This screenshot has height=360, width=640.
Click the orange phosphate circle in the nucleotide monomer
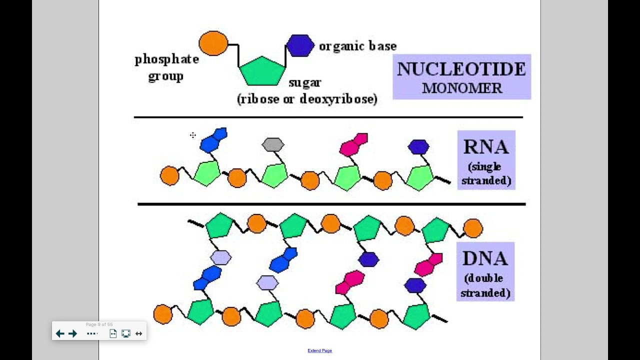point(213,43)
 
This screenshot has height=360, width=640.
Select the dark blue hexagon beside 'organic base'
point(300,45)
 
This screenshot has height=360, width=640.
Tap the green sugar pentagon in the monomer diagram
point(262,71)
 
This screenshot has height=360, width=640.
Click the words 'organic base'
point(357,46)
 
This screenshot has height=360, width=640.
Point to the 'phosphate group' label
point(166,67)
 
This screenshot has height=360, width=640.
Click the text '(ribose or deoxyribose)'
point(307,99)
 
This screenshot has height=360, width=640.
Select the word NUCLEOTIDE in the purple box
point(461,69)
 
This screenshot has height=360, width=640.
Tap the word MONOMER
point(461,88)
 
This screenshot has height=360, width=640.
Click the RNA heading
point(485,147)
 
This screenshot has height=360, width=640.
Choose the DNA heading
point(485,258)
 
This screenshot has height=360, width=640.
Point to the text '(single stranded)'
point(486,173)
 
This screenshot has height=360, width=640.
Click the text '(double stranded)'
point(485,285)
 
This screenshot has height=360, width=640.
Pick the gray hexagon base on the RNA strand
point(273,145)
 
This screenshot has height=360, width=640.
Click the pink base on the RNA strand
point(353,144)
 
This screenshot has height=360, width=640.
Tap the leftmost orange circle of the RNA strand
point(169,176)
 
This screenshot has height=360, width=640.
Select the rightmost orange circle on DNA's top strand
point(473,228)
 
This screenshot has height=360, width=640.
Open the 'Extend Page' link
point(319,350)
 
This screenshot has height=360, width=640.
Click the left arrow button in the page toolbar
point(60,333)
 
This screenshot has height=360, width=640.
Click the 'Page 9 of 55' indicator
point(99,324)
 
